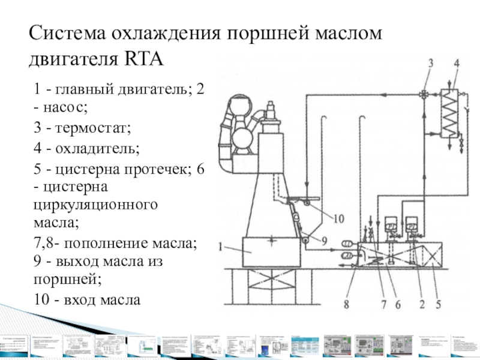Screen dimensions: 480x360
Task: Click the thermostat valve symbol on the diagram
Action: tap(425, 94)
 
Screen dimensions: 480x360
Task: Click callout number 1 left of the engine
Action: tap(221, 245)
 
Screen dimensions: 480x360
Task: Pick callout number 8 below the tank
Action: tap(346, 304)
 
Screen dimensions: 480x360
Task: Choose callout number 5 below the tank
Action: tap(439, 304)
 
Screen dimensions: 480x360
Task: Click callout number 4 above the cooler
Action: tap(457, 63)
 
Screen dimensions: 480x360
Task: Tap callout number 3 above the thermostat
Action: tap(430, 63)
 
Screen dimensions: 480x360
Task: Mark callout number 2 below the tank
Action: tap(422, 304)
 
